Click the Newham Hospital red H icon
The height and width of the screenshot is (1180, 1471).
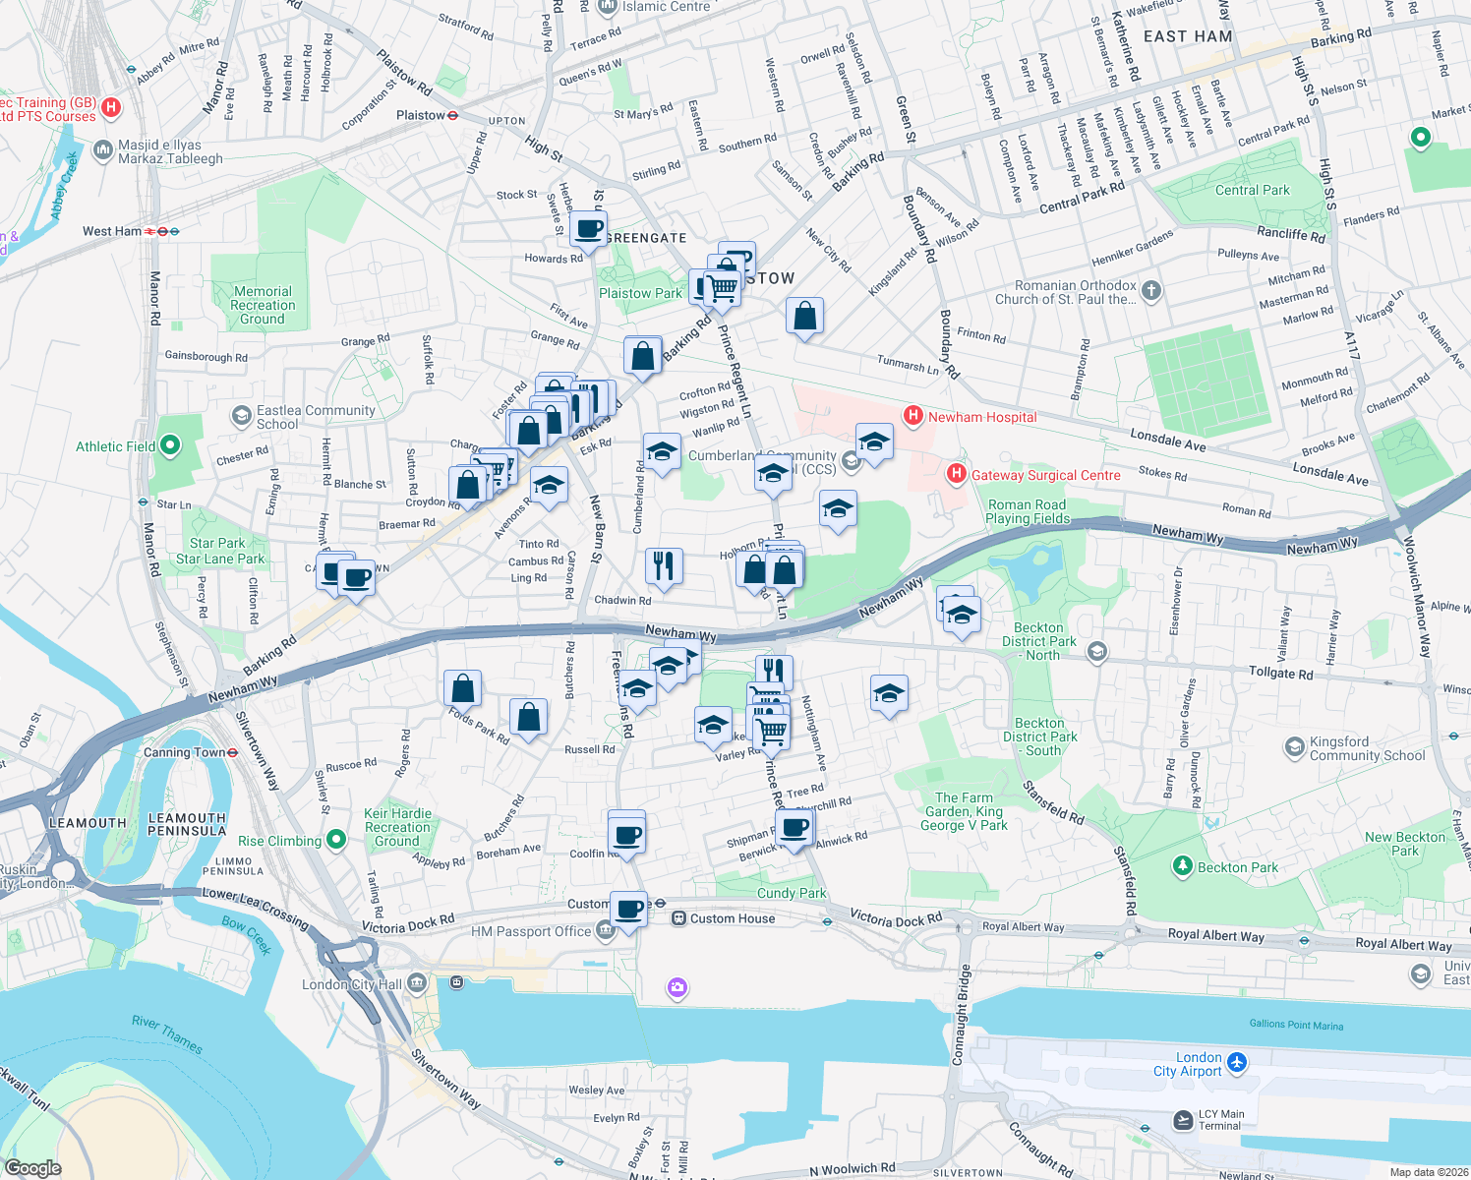click(x=913, y=416)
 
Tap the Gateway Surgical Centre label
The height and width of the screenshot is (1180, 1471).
click(x=1045, y=475)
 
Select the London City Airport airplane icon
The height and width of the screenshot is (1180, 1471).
click(x=1237, y=1063)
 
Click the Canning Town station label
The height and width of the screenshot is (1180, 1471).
click(x=185, y=752)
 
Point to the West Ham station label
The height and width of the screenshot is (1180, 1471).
click(x=111, y=231)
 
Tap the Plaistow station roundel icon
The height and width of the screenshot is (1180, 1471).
click(x=452, y=115)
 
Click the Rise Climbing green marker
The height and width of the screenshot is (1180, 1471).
click(x=336, y=840)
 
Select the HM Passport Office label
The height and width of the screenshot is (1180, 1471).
click(x=531, y=931)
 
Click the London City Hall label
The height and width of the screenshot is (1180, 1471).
click(x=351, y=984)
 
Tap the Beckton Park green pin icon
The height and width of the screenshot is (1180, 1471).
click(x=1183, y=866)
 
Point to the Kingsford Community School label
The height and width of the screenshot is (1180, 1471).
click(x=1367, y=748)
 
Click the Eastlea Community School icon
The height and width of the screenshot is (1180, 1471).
click(x=241, y=416)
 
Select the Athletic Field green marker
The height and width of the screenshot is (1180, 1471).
click(x=170, y=445)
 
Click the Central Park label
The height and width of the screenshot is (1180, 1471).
click(x=1252, y=190)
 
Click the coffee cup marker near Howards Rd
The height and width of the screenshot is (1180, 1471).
click(x=589, y=230)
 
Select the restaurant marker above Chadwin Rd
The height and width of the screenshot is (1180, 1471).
click(x=664, y=565)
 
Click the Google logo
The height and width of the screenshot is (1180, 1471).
click(x=32, y=1167)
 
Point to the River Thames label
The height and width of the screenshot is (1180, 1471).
click(x=167, y=1034)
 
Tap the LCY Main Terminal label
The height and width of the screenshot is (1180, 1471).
click(x=1220, y=1120)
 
